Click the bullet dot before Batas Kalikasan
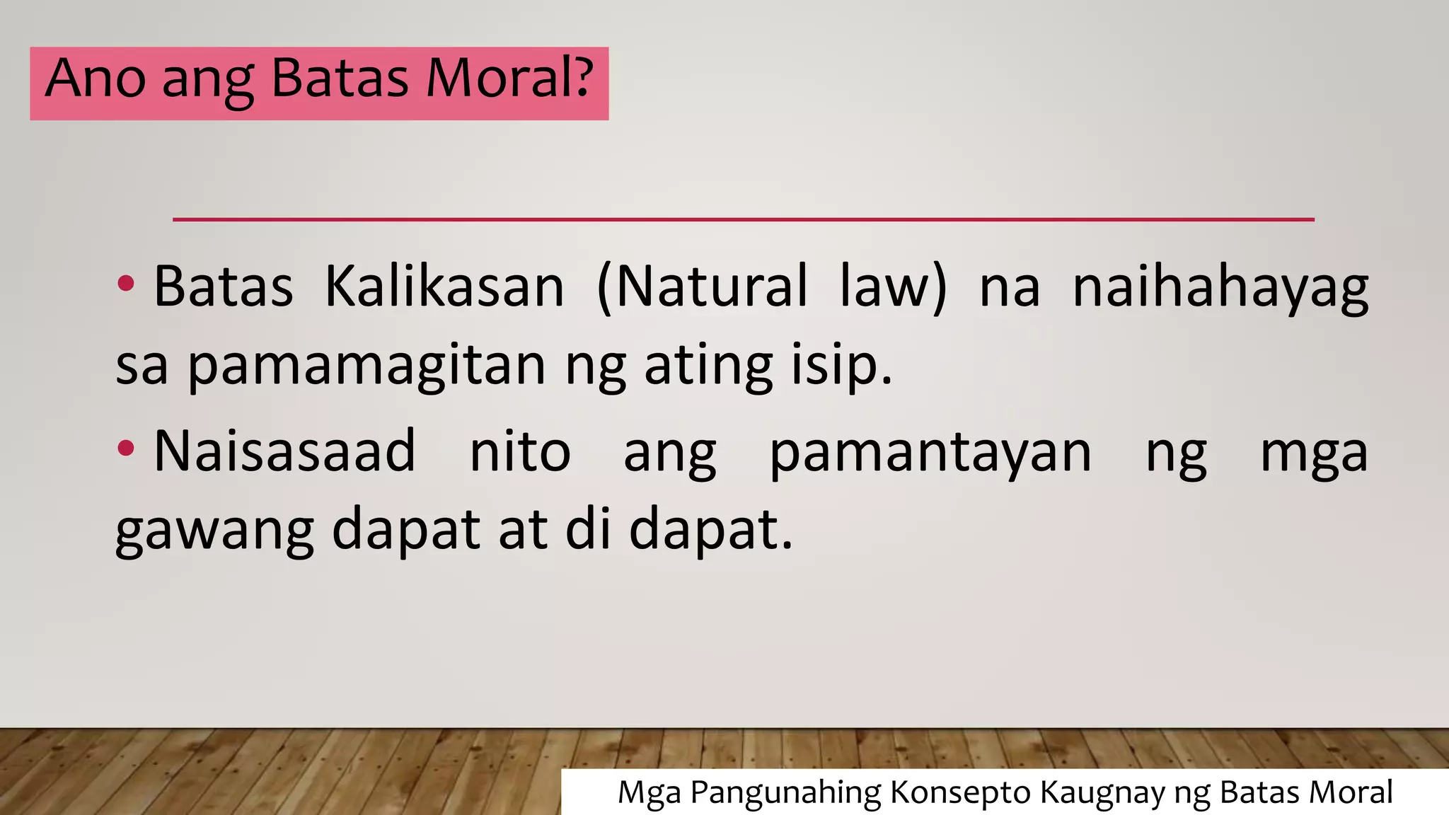click(x=126, y=284)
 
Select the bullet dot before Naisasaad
click(x=126, y=449)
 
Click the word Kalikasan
click(x=444, y=287)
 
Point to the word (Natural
click(x=702, y=287)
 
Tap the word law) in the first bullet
click(x=893, y=287)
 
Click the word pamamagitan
click(x=366, y=366)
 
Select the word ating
click(x=708, y=366)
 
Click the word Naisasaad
click(x=284, y=451)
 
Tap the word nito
click(x=520, y=451)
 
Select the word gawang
click(x=214, y=531)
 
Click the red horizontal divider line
click(x=743, y=219)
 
